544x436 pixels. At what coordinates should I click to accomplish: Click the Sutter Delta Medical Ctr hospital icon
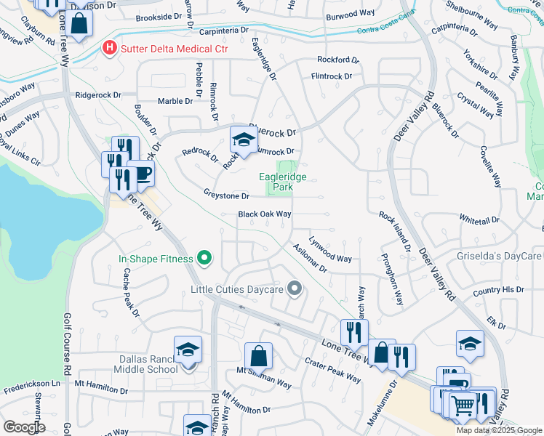(x=109, y=49)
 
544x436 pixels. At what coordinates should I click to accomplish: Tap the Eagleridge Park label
(x=284, y=182)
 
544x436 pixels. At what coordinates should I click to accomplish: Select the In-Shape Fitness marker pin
(x=204, y=258)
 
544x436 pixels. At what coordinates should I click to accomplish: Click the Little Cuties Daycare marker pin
(x=294, y=289)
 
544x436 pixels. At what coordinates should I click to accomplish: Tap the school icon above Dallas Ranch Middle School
(x=188, y=350)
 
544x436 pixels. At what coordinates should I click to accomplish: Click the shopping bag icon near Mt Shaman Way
(x=258, y=356)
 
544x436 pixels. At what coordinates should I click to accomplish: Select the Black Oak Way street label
(x=265, y=214)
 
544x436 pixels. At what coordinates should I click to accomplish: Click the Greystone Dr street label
(x=226, y=195)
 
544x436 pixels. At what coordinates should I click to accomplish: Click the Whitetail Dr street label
(x=479, y=219)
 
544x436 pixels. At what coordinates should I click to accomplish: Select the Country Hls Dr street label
(x=497, y=290)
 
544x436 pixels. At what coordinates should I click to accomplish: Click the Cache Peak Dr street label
(x=132, y=293)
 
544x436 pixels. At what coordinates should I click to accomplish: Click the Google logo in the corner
(x=24, y=427)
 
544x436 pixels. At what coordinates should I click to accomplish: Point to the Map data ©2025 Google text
(x=498, y=430)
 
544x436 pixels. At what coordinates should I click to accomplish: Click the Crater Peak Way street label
(x=332, y=370)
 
